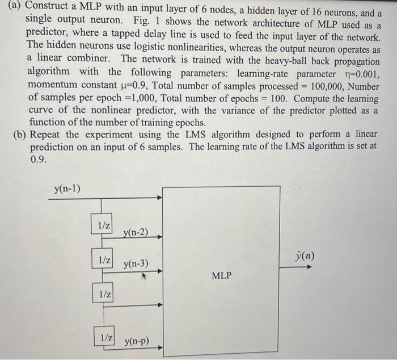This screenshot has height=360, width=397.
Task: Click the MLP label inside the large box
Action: [x=221, y=276]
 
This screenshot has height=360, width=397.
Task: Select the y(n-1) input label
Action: [x=67, y=189]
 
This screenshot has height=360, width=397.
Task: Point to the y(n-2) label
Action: [x=136, y=232]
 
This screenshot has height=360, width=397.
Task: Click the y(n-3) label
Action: [x=136, y=263]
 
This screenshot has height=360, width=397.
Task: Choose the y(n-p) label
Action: [x=136, y=341]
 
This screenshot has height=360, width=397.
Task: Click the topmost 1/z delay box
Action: [x=104, y=225]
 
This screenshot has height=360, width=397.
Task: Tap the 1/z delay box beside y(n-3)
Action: [x=104, y=259]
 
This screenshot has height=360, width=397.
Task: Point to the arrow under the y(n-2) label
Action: [x=142, y=238]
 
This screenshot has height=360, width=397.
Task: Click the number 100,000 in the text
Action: [x=321, y=86]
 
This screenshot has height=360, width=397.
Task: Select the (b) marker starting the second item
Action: [x=20, y=135]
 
